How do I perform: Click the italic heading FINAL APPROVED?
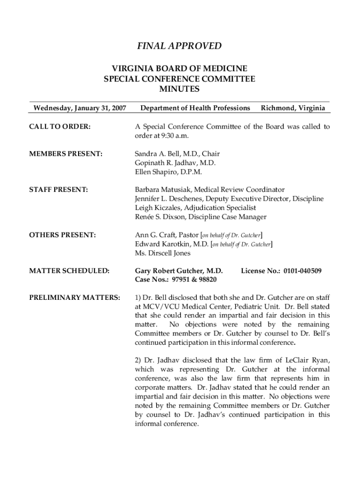(179, 46)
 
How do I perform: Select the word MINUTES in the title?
(179, 89)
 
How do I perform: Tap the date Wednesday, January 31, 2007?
(79, 109)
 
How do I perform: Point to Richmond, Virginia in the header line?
(293, 109)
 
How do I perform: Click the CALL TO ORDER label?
(60, 127)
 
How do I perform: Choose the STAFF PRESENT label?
(58, 190)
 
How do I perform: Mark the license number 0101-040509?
(300, 271)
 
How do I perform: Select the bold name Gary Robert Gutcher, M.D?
(179, 271)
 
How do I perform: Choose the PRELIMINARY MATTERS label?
(74, 298)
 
